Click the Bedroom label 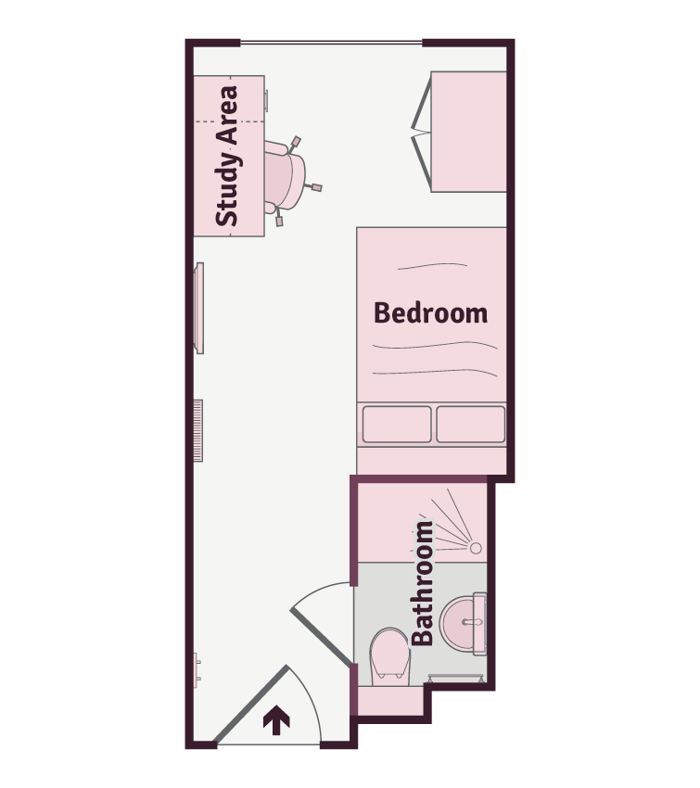(430, 312)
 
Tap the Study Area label (227, 156)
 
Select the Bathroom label (423, 583)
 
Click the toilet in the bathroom (389, 656)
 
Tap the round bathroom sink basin (462, 623)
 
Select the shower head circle (476, 548)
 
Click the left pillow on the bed (397, 425)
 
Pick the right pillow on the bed (470, 425)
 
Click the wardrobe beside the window (468, 132)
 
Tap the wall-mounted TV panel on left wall (199, 308)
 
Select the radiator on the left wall (198, 431)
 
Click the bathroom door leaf (321, 636)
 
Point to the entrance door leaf (251, 704)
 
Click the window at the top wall (332, 43)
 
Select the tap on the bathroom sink (472, 622)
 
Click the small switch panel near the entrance (197, 670)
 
